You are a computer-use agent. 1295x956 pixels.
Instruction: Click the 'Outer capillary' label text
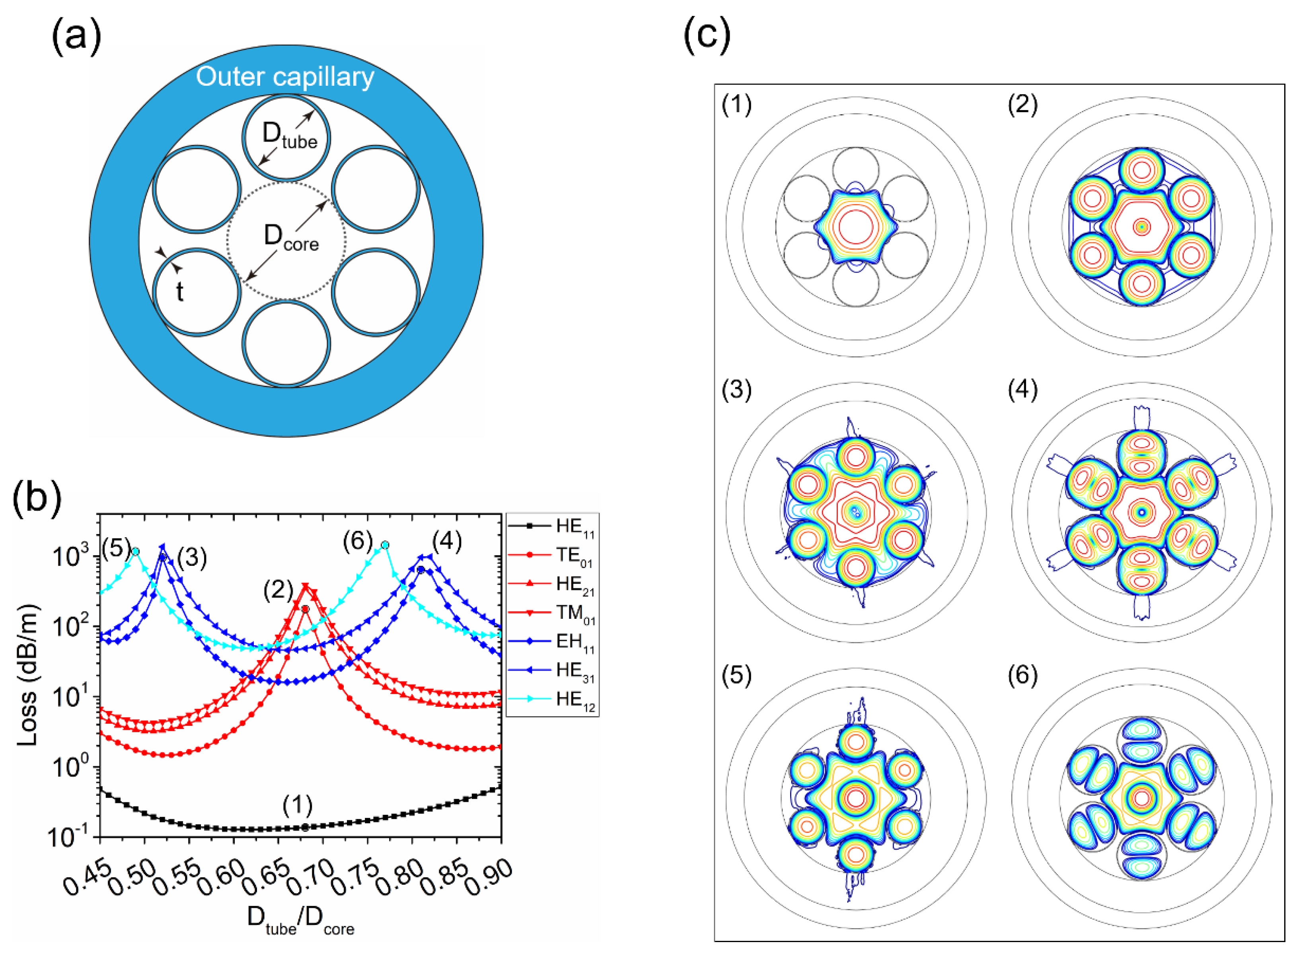tap(285, 77)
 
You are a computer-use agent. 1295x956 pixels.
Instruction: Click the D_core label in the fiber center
tap(291, 239)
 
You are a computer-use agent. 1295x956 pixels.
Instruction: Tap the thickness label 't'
tap(179, 292)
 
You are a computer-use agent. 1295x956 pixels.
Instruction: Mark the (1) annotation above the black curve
tap(298, 805)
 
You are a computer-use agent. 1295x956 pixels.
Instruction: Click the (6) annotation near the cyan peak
tap(358, 541)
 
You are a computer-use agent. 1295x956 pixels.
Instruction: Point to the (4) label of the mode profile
tap(1023, 391)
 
